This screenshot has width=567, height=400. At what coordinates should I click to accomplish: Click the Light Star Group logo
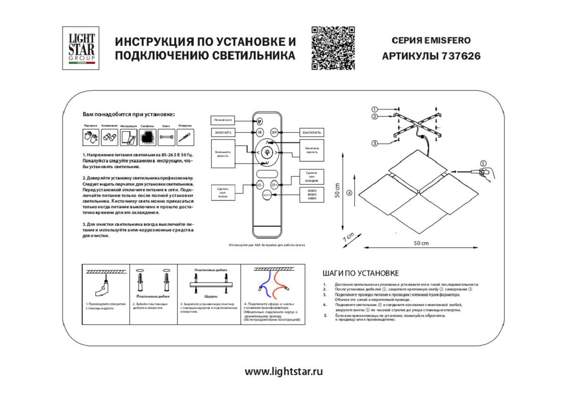(81, 48)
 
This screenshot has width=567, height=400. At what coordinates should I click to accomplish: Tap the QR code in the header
(333, 48)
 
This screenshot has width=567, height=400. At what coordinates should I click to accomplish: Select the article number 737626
(461, 56)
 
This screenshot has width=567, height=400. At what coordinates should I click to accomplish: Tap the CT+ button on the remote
(274, 186)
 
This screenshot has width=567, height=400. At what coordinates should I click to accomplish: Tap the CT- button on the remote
(260, 186)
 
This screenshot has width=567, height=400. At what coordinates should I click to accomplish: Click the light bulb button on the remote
(267, 152)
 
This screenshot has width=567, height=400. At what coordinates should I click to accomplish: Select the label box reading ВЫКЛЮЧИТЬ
(312, 133)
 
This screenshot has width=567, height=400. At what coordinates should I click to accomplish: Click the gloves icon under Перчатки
(91, 137)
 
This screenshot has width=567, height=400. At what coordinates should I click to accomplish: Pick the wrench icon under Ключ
(166, 137)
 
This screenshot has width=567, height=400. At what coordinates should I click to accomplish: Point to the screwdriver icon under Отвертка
(185, 137)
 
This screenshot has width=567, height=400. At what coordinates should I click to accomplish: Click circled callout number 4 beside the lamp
(349, 192)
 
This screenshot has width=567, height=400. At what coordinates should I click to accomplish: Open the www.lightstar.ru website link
(283, 371)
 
